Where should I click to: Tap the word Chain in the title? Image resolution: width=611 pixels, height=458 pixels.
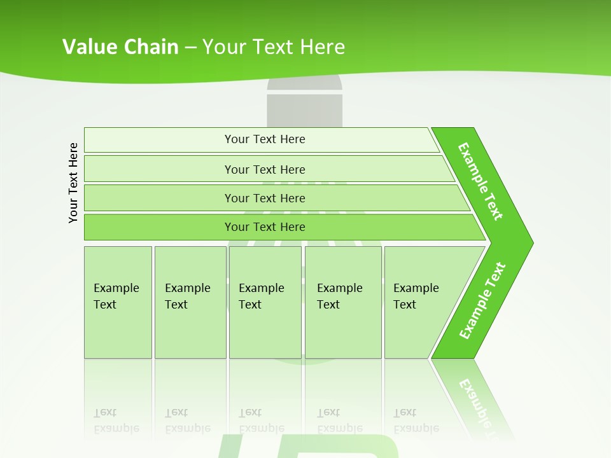151,46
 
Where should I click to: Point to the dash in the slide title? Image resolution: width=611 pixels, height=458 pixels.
191,47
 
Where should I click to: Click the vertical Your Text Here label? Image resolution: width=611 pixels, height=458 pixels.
73,183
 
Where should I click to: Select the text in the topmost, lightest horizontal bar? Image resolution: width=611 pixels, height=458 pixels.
265,139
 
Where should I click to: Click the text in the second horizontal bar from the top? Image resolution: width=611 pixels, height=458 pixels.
265,169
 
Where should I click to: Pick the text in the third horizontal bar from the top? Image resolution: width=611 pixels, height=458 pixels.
265,198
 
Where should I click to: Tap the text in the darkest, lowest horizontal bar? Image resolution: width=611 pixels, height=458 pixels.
265,227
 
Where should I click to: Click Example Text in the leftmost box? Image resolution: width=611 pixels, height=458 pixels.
116,296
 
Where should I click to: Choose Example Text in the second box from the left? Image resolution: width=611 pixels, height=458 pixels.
187,296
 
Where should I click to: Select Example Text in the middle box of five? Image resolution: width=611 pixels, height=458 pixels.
261,296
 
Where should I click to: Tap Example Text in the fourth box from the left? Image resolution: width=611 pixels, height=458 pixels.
339,296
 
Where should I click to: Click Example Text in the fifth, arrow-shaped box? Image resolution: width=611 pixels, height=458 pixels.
416,296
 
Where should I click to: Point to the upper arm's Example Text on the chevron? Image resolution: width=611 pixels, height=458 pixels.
481,181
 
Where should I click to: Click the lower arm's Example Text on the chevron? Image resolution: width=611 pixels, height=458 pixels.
482,301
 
